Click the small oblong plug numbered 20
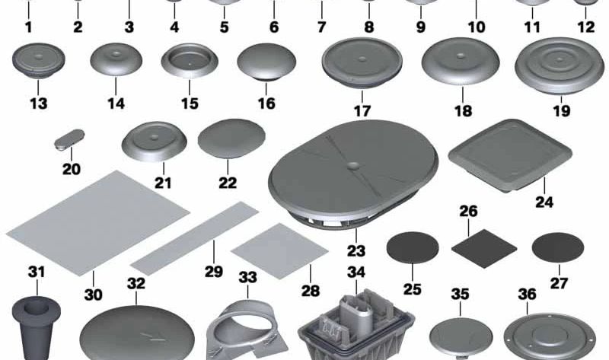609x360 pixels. pyautogui.click(x=69, y=140)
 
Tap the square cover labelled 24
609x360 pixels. pyautogui.click(x=510, y=155)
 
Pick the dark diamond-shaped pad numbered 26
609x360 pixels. pyautogui.click(x=484, y=248)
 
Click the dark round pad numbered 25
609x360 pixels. pyautogui.click(x=413, y=248)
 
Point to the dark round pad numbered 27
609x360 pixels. pyautogui.click(x=558, y=248)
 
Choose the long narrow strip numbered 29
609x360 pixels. pyautogui.click(x=195, y=237)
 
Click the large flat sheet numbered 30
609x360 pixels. pyautogui.click(x=98, y=223)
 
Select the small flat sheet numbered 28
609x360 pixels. pyautogui.click(x=279, y=250)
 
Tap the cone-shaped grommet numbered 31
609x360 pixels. pyautogui.click(x=36, y=327)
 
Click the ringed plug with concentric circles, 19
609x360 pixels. pyautogui.click(x=560, y=65)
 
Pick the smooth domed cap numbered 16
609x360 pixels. pyautogui.click(x=266, y=62)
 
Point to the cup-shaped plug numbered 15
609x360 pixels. pyautogui.click(x=190, y=61)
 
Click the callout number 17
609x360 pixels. pyautogui.click(x=362, y=111)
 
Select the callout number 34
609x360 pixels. pyautogui.click(x=356, y=272)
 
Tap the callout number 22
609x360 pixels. pyautogui.click(x=228, y=183)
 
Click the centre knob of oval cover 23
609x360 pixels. pyautogui.click(x=353, y=166)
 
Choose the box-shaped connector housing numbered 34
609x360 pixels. pyautogui.click(x=356, y=326)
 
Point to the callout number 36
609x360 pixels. pyautogui.click(x=527, y=295)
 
